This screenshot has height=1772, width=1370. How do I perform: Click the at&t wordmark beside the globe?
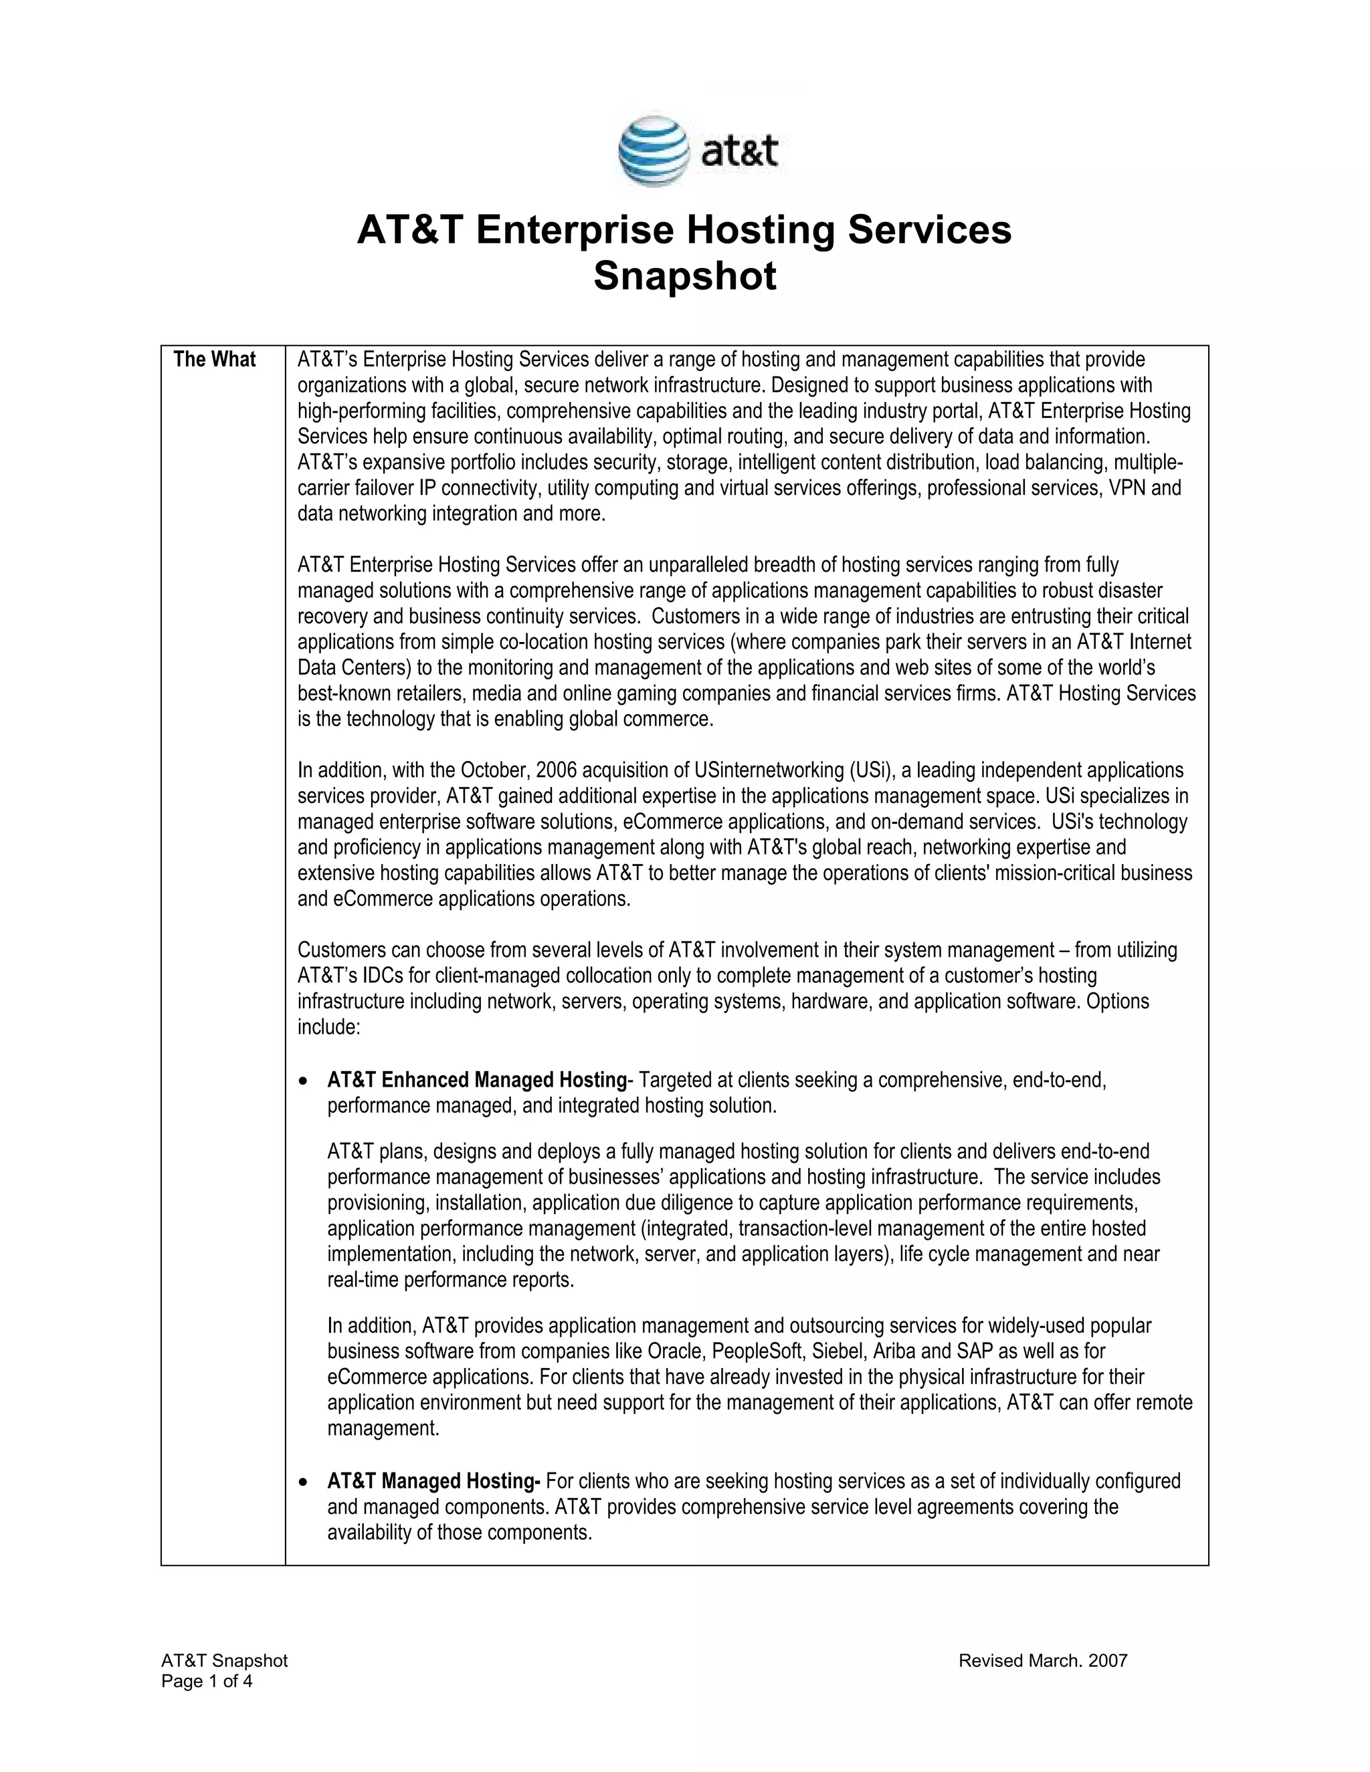[x=739, y=152]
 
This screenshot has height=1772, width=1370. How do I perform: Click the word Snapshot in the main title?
[x=684, y=276]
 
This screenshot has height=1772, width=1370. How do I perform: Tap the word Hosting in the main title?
[x=761, y=229]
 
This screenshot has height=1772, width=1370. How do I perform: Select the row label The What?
[x=214, y=360]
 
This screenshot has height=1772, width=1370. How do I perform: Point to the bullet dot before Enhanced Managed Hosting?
[x=304, y=1081]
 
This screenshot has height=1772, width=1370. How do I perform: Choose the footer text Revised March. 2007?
[x=1043, y=1661]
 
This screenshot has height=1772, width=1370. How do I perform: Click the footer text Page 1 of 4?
[x=207, y=1681]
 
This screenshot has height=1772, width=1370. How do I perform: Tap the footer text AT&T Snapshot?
[x=225, y=1661]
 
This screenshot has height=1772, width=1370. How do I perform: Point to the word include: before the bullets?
[x=328, y=1027]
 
